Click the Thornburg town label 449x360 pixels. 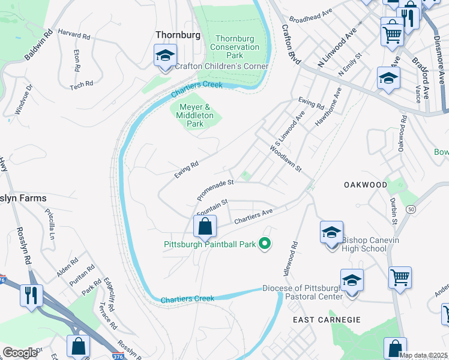[178, 35]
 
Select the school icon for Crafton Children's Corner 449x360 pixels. [164, 56]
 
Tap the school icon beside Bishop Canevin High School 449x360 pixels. [331, 233]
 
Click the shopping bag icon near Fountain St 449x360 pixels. [205, 227]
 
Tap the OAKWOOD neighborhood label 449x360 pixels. [365, 185]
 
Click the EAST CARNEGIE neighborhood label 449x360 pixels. [327, 320]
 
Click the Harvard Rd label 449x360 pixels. [74, 35]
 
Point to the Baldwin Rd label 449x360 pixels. [38, 44]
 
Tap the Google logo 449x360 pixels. [20, 352]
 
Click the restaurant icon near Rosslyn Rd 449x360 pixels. [30, 295]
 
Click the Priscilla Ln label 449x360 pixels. [49, 226]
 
